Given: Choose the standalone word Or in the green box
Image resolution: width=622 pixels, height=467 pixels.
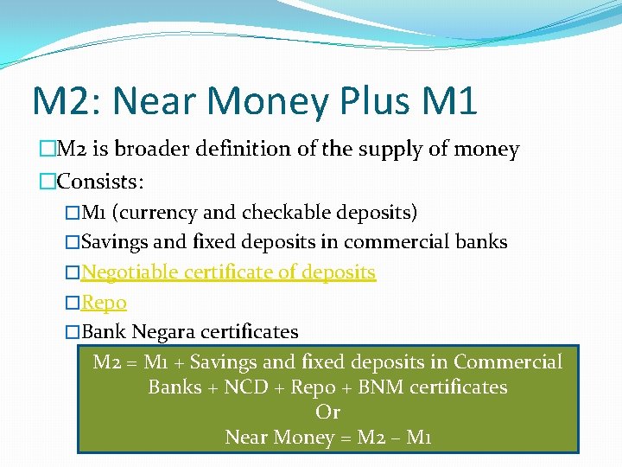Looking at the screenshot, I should click(327, 412).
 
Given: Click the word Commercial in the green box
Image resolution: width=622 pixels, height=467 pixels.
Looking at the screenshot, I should click(507, 361).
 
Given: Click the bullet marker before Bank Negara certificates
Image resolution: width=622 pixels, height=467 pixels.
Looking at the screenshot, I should click(73, 332).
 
